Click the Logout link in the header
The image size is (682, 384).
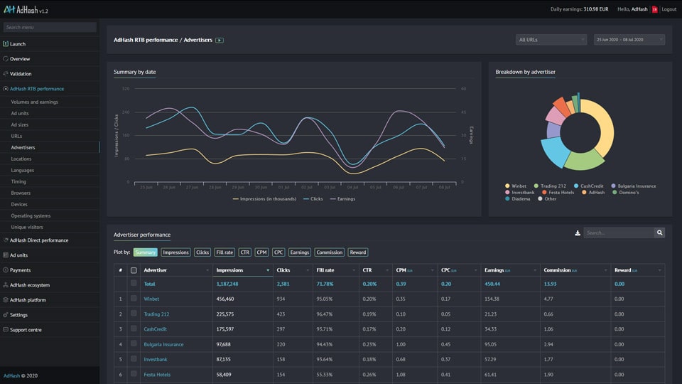[x=669, y=9]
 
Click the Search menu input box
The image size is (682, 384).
[x=50, y=28]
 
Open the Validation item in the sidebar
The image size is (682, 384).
[x=21, y=74]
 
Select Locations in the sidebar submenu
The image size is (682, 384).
[x=21, y=159]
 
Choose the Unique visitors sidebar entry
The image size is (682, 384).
[x=27, y=227]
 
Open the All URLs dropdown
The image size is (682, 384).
[x=551, y=40]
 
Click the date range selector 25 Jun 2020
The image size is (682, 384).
[x=629, y=40]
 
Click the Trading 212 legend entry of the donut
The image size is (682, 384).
[x=553, y=186]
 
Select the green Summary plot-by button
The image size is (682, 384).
[x=145, y=252]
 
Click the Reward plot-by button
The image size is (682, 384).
[x=358, y=252]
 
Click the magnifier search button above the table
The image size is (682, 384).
[x=659, y=233]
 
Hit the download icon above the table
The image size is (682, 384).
[x=578, y=233]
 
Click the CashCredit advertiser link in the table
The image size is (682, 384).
[x=156, y=329]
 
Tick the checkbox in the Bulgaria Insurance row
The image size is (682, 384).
[x=134, y=344]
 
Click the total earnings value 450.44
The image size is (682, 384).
[x=493, y=284]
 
